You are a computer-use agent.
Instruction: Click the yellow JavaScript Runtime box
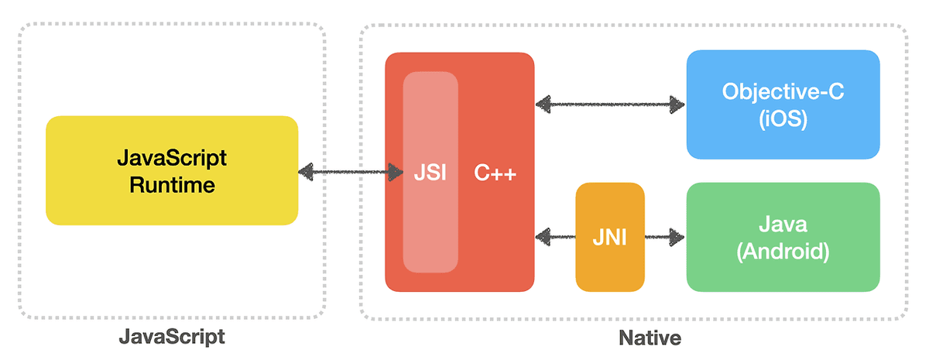click(x=172, y=170)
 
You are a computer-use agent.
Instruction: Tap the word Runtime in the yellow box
click(x=172, y=186)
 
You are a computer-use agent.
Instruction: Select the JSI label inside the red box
click(x=430, y=173)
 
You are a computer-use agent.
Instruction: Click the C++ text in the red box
click(x=495, y=173)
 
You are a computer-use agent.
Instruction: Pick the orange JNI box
click(x=610, y=237)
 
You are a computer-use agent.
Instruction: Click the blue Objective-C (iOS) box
click(x=783, y=105)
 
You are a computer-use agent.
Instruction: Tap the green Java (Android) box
click(x=783, y=237)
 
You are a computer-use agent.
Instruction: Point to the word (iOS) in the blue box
click(x=783, y=120)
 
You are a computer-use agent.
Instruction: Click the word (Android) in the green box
click(x=783, y=252)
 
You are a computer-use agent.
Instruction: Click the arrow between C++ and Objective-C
click(x=611, y=103)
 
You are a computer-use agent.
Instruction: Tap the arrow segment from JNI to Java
click(x=665, y=235)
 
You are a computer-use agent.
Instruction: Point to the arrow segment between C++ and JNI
click(x=555, y=235)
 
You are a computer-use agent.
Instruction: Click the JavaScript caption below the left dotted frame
click(x=171, y=338)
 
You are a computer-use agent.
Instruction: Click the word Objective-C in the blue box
click(x=783, y=91)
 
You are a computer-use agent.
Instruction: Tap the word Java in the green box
click(x=783, y=224)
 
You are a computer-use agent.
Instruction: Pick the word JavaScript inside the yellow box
click(x=172, y=158)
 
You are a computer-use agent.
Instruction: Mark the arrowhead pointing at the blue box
click(x=678, y=103)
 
